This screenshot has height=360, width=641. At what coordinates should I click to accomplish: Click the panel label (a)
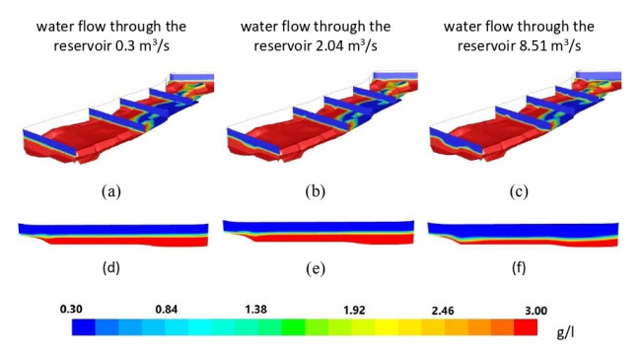click(111, 191)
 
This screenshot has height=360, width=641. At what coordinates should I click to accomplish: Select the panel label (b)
click(316, 191)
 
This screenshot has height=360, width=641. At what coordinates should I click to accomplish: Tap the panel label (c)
click(519, 191)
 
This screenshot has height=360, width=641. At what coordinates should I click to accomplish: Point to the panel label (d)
click(111, 267)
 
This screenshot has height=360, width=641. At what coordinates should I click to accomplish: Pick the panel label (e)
click(316, 268)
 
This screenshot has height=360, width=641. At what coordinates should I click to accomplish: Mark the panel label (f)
click(519, 267)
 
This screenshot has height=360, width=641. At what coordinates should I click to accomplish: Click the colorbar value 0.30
click(71, 309)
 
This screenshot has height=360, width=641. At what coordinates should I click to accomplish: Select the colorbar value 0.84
click(167, 310)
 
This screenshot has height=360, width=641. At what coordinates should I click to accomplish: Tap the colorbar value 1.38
click(256, 309)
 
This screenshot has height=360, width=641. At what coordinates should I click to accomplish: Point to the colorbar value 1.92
click(354, 310)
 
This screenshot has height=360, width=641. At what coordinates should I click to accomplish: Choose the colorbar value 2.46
click(443, 311)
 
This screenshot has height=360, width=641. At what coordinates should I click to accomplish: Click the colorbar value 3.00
click(535, 311)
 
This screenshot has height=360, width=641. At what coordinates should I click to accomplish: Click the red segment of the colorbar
click(526, 327)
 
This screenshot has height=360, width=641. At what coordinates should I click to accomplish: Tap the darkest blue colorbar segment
click(84, 327)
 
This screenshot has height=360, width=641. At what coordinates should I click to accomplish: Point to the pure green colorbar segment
click(293, 327)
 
